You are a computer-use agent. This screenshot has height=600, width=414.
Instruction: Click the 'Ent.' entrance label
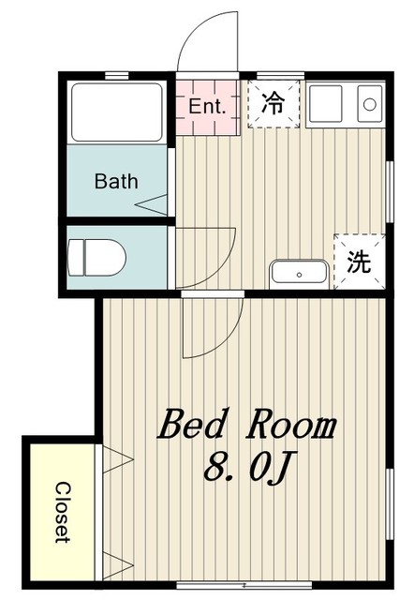tap(207, 106)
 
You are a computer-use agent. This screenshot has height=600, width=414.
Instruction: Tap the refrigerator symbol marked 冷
tap(273, 103)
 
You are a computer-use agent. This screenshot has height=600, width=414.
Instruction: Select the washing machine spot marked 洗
tap(358, 262)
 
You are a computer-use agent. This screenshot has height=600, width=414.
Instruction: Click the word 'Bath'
tap(116, 181)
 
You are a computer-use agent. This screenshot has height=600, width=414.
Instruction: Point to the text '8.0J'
tap(244, 466)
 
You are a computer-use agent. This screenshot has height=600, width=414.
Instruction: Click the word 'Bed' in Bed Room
tap(195, 427)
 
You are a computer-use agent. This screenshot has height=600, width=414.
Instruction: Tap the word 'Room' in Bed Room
tap(291, 427)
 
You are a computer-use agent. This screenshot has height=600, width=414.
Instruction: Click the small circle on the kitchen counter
tap(369, 102)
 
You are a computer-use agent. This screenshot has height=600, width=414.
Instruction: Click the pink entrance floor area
tap(207, 117)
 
